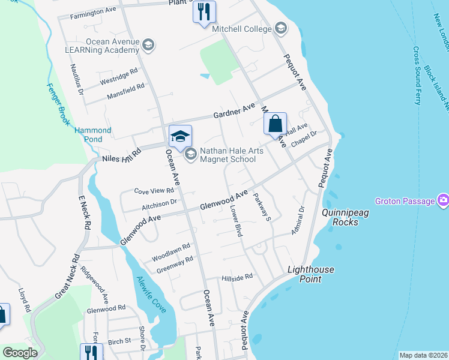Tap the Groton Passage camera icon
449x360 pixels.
point(444,200)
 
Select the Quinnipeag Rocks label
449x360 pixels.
point(340,217)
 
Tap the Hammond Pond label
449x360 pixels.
point(93,134)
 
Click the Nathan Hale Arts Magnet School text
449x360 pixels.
point(228,155)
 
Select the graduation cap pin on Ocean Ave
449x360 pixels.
point(180,136)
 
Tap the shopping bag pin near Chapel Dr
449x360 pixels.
point(275,124)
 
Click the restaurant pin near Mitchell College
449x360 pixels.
point(204,11)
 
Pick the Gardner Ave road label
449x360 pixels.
point(235,112)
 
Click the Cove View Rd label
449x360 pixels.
point(154,191)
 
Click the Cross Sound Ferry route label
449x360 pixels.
point(416,76)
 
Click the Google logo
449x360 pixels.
point(20,353)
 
